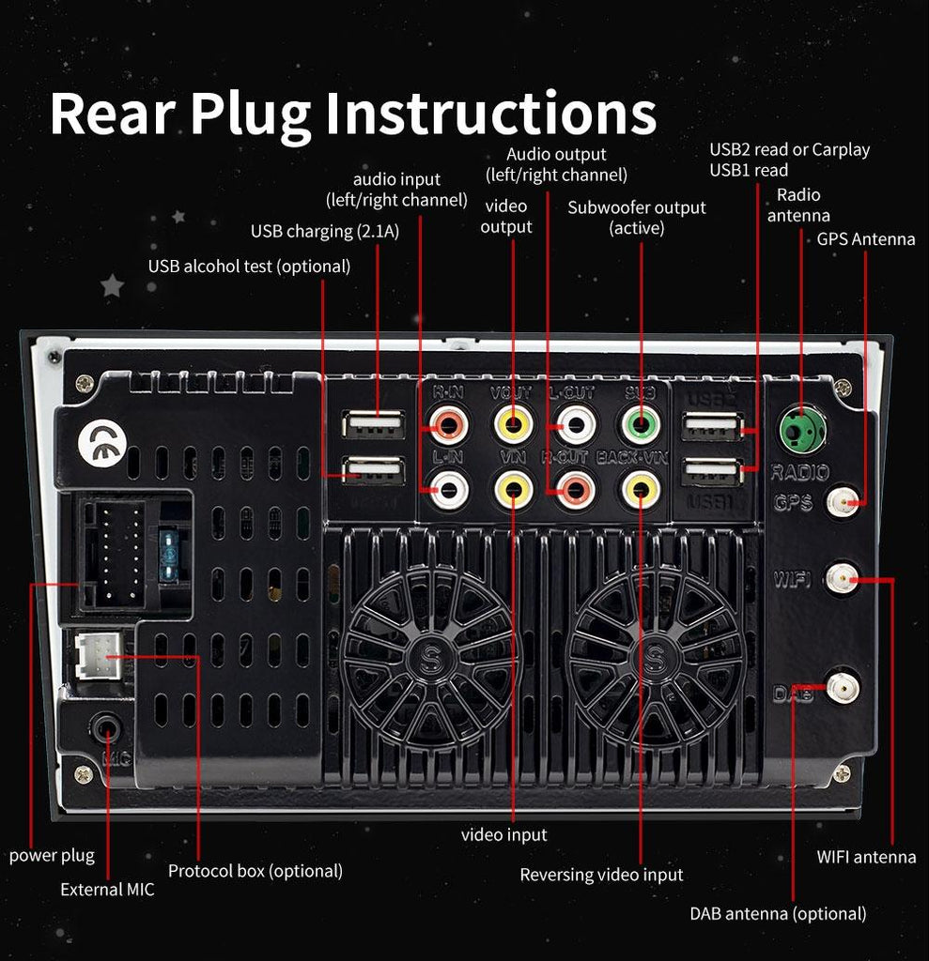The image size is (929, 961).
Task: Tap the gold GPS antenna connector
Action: [843, 504]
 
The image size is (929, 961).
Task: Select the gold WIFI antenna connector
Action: [842, 579]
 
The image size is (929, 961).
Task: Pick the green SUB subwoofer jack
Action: [640, 425]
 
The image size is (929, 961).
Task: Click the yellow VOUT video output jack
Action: [513, 425]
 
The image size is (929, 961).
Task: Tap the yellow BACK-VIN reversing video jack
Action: [640, 488]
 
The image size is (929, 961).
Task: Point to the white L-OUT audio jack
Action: [576, 425]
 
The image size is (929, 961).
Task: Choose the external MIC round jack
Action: [106, 726]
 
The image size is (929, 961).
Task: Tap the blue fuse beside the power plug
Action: [170, 557]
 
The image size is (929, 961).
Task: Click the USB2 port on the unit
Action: [711, 429]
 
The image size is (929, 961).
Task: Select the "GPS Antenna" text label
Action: [865, 239]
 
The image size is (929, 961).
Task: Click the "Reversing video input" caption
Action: [601, 875]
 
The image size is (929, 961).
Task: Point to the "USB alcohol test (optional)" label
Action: [249, 267]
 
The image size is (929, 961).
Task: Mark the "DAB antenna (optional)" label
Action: [778, 913]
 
